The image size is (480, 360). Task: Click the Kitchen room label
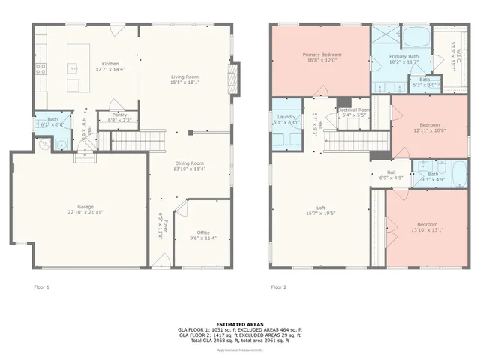pyautogui.click(x=110, y=64)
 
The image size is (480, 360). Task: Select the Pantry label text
pyautogui.click(x=120, y=115)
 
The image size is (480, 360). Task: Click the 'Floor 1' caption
pyautogui.click(x=42, y=286)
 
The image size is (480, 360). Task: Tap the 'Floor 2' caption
pyautogui.click(x=279, y=286)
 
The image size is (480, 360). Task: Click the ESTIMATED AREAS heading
pyautogui.click(x=240, y=324)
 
